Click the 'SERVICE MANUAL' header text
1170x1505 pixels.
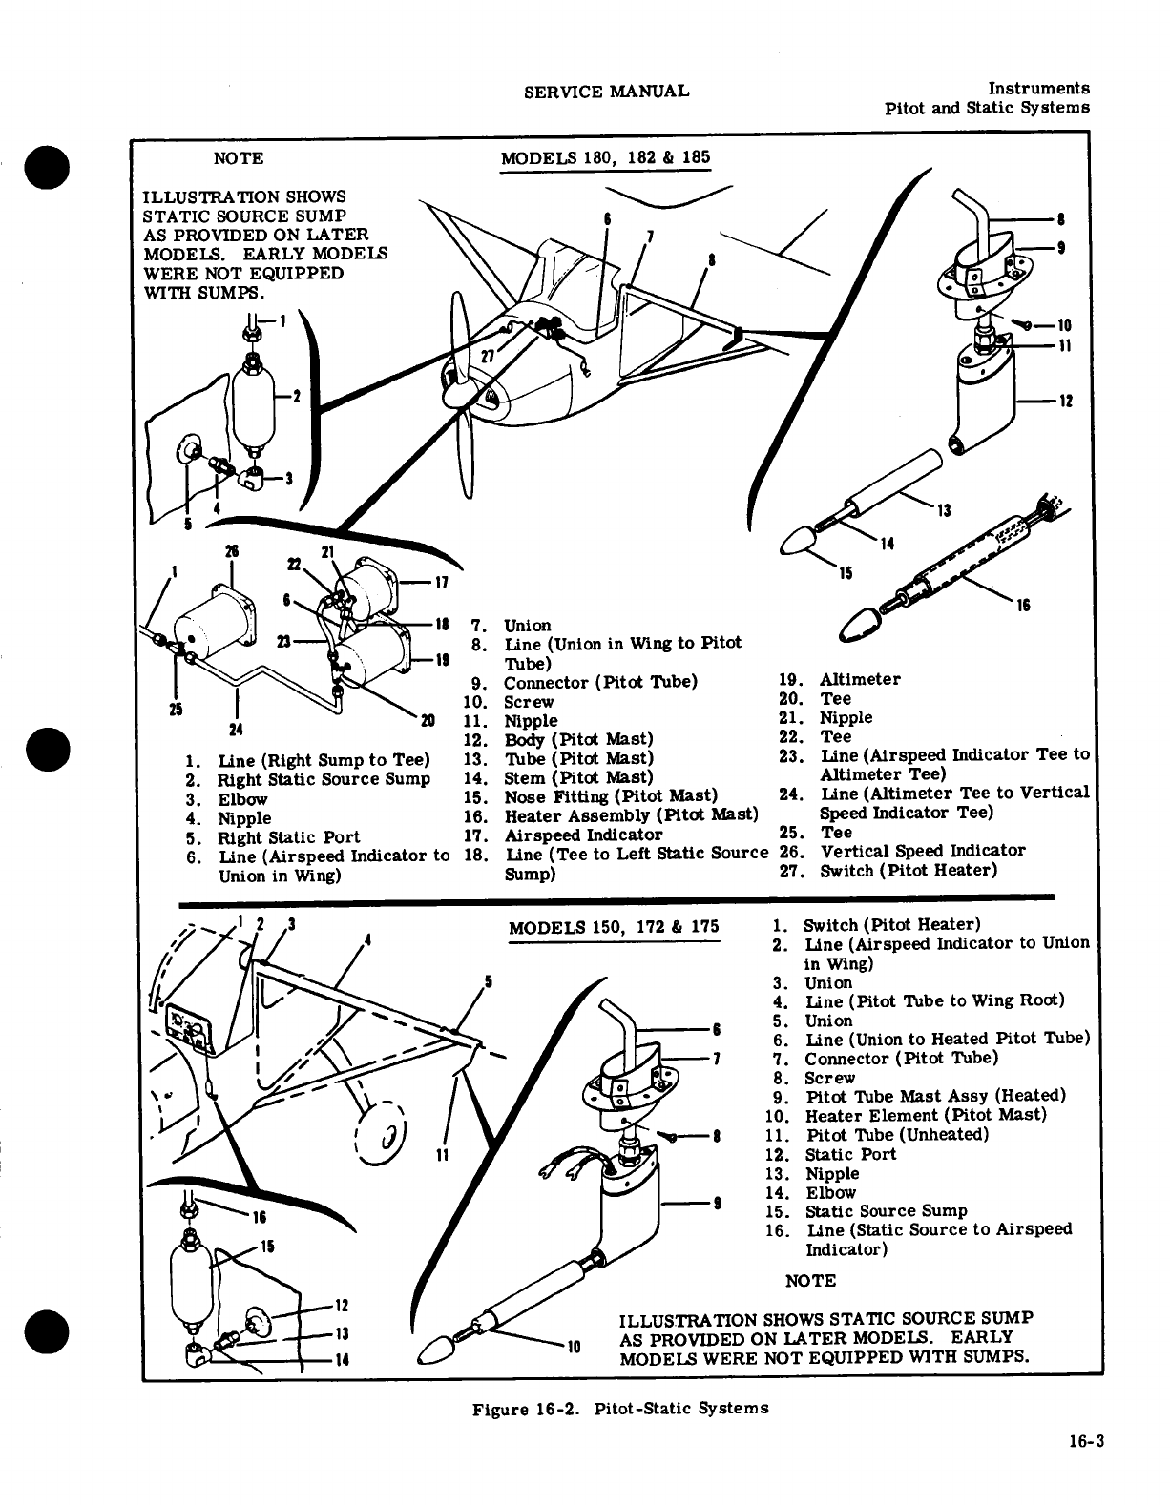coord(606,92)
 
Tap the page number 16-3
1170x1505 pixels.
coord(1086,1442)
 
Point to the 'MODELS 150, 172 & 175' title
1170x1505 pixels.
coord(614,927)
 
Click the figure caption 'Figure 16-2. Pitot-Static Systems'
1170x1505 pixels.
coord(620,1408)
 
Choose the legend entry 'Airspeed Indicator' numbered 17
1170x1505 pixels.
coord(570,835)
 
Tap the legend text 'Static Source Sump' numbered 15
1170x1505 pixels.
coord(887,1211)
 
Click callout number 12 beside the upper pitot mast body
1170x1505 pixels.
coord(1065,401)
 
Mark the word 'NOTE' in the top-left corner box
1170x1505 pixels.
coord(238,158)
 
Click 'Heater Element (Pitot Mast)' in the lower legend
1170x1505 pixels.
coord(926,1116)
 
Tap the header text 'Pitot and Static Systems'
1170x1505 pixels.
coord(987,108)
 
